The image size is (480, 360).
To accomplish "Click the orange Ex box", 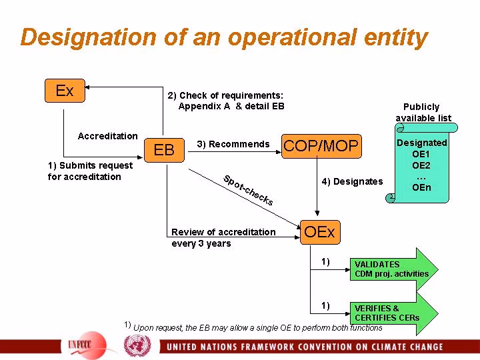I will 65,91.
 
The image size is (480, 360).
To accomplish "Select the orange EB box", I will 164,150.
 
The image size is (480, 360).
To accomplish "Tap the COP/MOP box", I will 321,145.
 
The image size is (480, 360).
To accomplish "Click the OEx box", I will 319,232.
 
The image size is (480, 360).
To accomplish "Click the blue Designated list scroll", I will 421,164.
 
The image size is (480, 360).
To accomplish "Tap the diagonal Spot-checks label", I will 248,190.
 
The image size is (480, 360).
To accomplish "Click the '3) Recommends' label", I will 233,145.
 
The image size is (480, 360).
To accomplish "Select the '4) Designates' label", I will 353,181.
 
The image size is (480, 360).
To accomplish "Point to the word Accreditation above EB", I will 107,136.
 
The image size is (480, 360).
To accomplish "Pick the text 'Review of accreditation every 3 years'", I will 223,237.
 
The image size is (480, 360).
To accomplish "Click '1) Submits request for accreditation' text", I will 90,171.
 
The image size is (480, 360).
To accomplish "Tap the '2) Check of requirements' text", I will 226,100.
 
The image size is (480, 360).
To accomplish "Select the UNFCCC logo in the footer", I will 84,347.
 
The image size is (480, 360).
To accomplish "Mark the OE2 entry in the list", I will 421,165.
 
